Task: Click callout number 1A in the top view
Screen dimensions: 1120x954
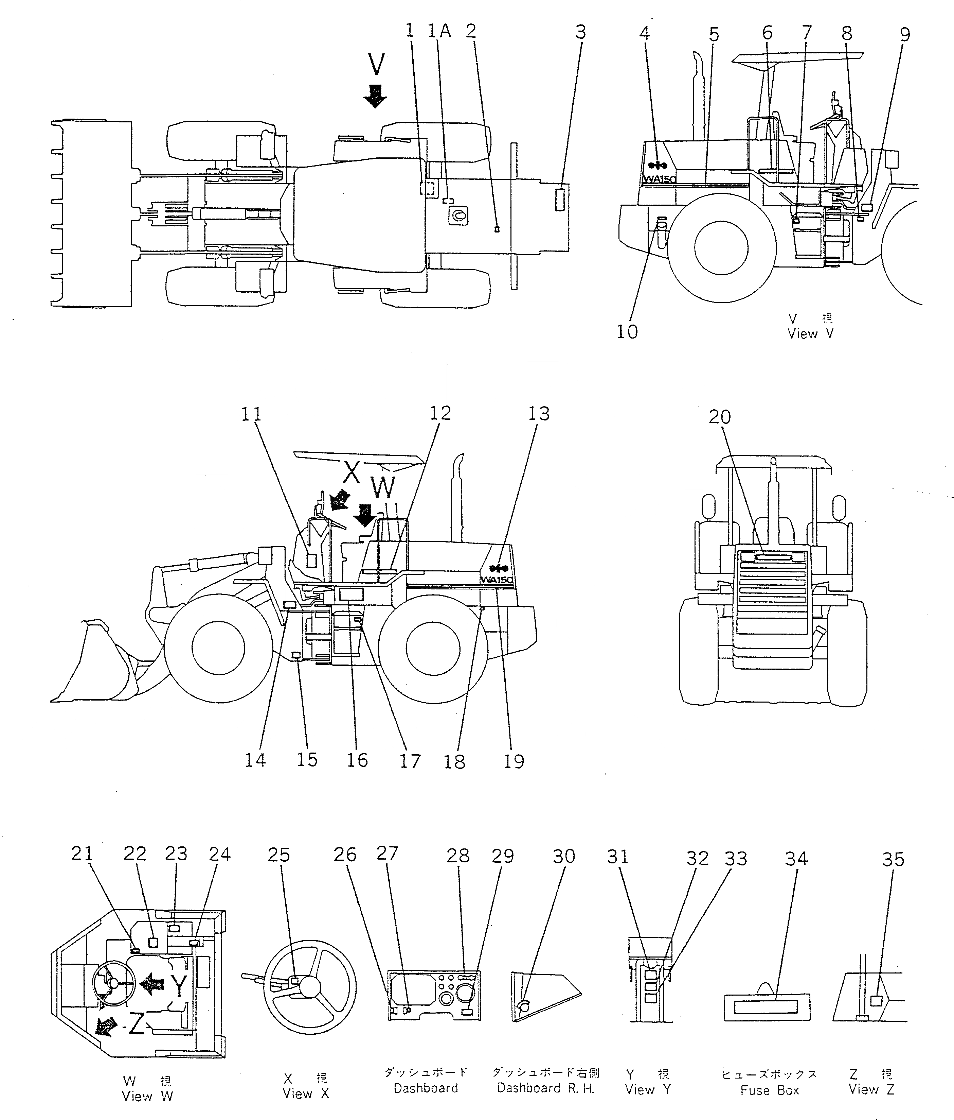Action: [439, 31]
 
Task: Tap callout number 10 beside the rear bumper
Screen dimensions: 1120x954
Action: [627, 331]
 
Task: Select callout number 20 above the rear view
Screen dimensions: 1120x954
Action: [720, 417]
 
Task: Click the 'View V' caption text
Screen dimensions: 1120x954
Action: [810, 333]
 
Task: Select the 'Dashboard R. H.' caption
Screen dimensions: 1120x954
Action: [546, 1088]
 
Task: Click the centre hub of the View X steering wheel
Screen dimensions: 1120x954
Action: [308, 988]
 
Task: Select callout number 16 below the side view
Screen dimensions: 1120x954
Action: [357, 760]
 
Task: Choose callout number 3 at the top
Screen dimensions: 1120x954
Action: [580, 32]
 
